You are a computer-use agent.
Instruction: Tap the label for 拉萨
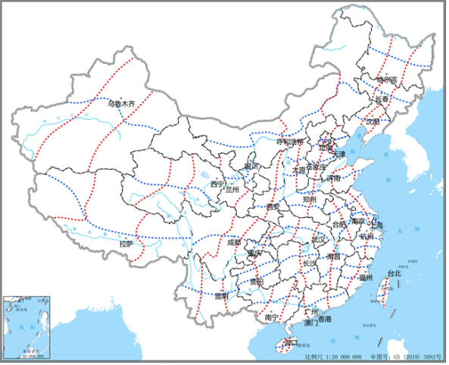[126, 244]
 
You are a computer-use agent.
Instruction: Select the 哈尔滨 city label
[386, 79]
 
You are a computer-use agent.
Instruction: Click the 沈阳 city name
[372, 121]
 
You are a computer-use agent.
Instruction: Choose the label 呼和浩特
[288, 141]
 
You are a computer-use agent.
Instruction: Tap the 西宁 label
[217, 184]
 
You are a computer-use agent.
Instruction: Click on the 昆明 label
[220, 296]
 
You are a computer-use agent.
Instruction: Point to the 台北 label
[394, 273]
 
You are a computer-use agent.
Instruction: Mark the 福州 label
[366, 278]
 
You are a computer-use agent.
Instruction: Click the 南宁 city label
[274, 316]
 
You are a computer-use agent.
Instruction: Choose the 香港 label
[324, 323]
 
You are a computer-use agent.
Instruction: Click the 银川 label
[251, 166]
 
